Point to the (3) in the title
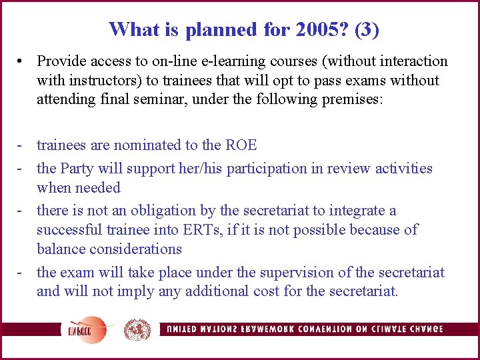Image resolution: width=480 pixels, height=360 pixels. click(x=367, y=29)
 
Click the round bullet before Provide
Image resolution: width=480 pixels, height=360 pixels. click(x=23, y=61)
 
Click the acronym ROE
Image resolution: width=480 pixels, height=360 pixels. click(x=241, y=145)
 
